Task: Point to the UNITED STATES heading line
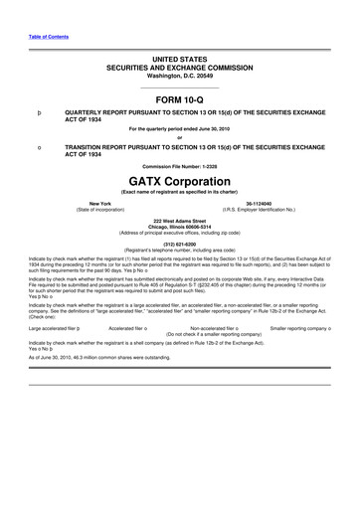180,60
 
